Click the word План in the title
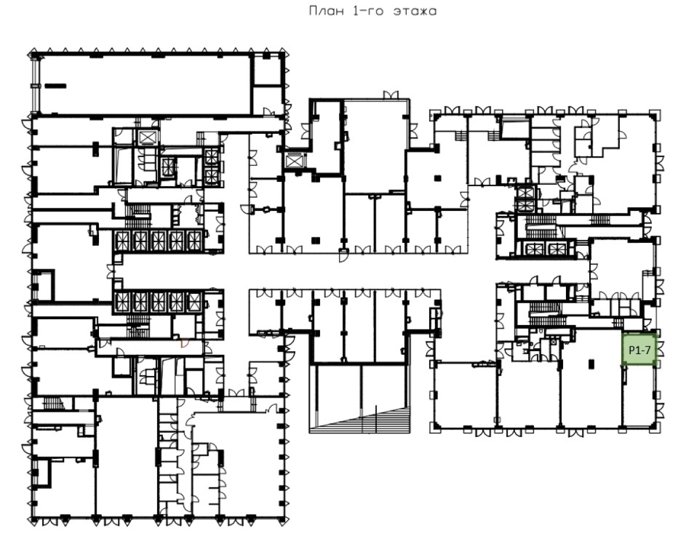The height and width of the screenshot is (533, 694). pos(327,11)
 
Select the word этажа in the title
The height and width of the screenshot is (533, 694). pos(415,11)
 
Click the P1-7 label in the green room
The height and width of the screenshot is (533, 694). pos(639,350)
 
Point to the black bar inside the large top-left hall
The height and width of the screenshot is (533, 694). pos(55,86)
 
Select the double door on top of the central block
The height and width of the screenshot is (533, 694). pos(391,95)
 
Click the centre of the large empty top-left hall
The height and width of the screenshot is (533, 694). pos(145,85)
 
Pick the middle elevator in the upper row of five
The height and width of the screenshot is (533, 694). pos(158,241)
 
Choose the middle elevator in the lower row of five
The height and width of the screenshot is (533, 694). pos(158,302)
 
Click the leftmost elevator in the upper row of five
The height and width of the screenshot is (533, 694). pos(122,241)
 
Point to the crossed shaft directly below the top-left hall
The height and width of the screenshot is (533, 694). pos(148,138)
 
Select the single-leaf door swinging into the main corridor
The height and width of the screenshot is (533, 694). pos(344,256)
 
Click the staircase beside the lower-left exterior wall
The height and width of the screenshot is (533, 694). pos(53,403)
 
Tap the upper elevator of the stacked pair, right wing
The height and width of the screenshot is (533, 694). pos(526,194)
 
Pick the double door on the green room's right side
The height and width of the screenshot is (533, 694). pos(660,349)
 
